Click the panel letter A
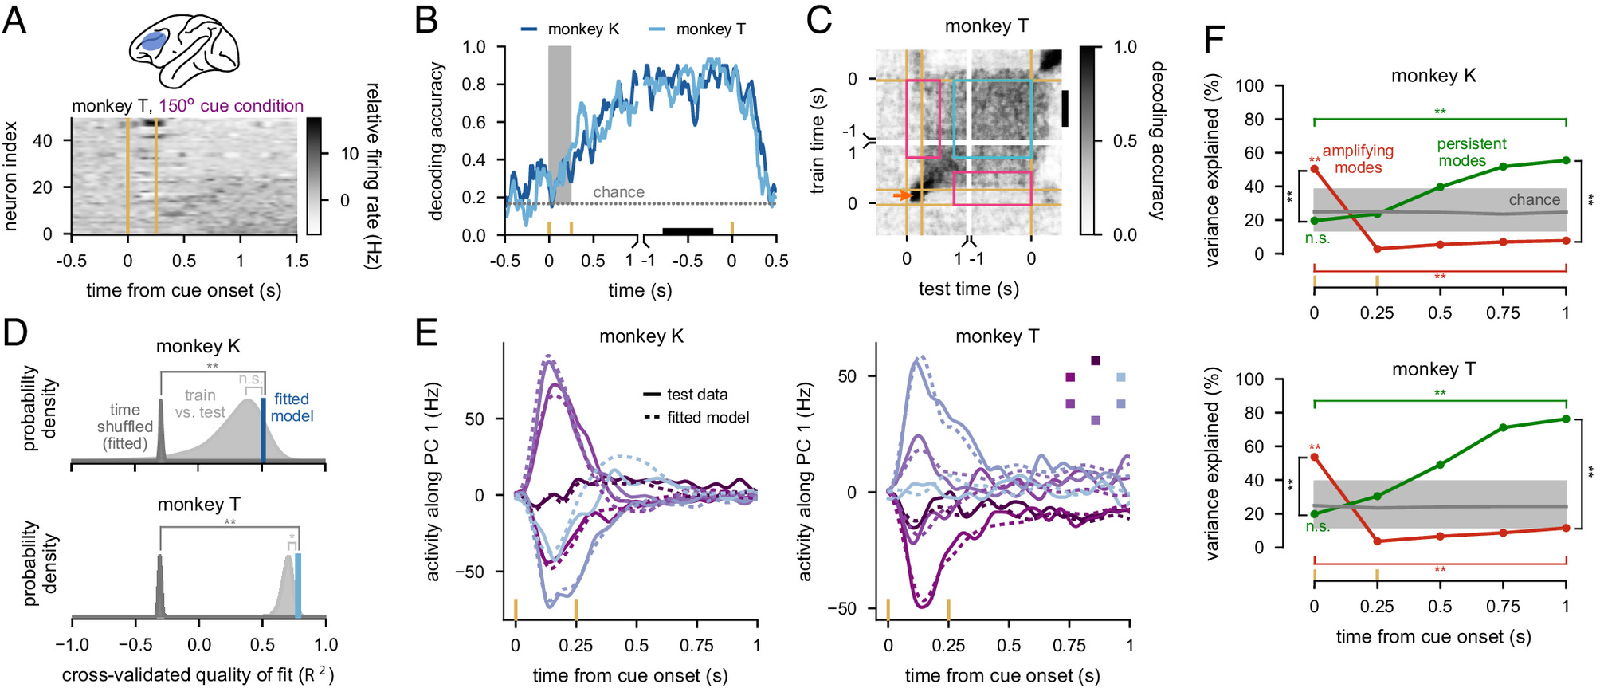pos(14,20)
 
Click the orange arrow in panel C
pos(901,195)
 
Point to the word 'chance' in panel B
pos(618,192)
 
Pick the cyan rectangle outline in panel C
pos(992,119)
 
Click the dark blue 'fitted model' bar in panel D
pos(263,429)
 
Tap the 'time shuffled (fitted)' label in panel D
pos(125,427)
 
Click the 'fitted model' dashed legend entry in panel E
pos(696,418)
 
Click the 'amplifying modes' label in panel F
pos(1358,159)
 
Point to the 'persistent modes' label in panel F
pos(1471,152)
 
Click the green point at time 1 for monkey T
pos(1566,419)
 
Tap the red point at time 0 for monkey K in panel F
pos(1314,169)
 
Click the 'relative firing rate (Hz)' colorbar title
pos(372,175)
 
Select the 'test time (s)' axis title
pos(968,289)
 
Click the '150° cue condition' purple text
pos(231,106)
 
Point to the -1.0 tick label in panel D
pos(72,645)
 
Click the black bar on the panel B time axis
pos(688,231)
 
